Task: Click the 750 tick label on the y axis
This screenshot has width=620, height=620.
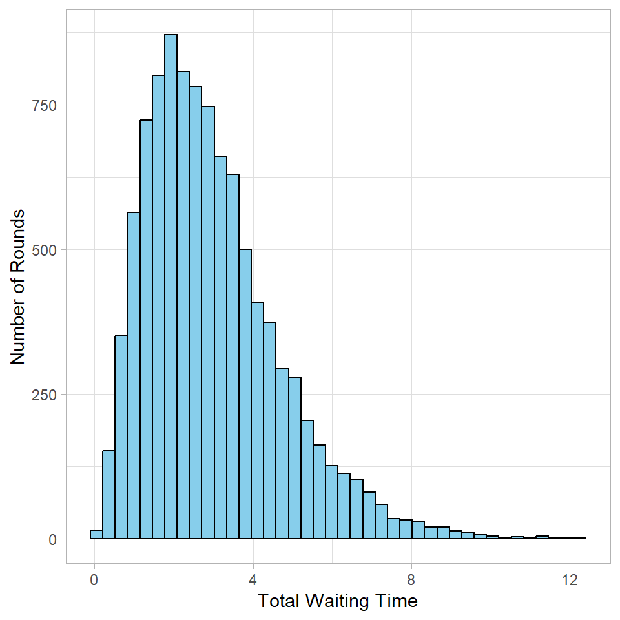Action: (45, 105)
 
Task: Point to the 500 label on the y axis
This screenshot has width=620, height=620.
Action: (45, 250)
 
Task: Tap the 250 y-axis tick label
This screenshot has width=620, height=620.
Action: (45, 395)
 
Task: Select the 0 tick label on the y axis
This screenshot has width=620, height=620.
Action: (54, 539)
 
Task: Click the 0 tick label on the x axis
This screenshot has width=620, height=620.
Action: (94, 579)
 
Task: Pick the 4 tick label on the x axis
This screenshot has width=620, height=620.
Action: (253, 579)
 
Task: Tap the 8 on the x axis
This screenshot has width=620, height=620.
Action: (411, 579)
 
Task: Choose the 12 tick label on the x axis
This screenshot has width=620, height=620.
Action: (570, 579)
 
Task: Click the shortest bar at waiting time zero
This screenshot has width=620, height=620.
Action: (96, 535)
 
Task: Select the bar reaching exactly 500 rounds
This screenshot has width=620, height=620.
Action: (245, 394)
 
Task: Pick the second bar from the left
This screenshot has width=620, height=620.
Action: (108, 495)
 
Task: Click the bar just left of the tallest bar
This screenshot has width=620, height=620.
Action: (158, 307)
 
